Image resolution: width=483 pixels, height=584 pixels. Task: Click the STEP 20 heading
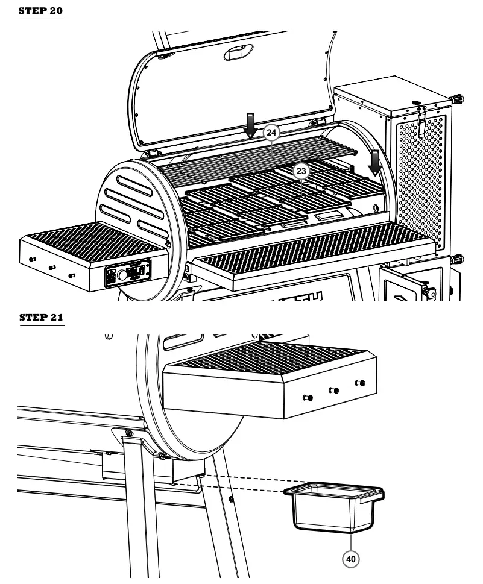[x=42, y=11]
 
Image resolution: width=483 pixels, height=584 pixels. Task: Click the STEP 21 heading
[x=42, y=317]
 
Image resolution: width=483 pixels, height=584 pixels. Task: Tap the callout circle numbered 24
[x=271, y=131]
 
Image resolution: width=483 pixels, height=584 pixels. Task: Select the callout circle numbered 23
[x=301, y=171]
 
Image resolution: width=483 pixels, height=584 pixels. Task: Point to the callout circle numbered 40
[x=350, y=559]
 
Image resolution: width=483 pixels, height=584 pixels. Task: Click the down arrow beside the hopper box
[x=375, y=163]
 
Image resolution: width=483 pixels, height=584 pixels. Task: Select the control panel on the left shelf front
[x=128, y=274]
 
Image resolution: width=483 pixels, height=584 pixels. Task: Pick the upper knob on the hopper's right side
[x=458, y=99]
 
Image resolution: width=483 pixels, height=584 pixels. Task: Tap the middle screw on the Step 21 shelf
[x=333, y=391]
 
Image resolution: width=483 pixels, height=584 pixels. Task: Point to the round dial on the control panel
[x=123, y=275]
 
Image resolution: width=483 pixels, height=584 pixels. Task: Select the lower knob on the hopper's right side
[x=458, y=260]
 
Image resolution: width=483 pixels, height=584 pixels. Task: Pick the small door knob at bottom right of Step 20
[x=429, y=292]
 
